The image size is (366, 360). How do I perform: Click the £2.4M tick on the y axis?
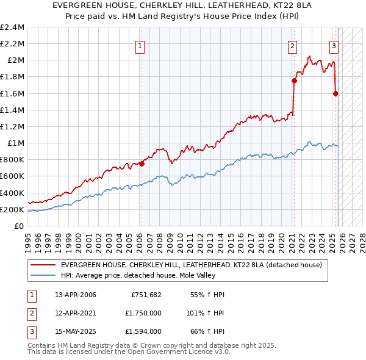[12, 27]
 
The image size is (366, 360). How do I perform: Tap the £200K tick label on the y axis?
[12, 209]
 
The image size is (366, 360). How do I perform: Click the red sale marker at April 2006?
[142, 164]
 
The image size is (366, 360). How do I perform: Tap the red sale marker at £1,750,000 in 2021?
[293, 80]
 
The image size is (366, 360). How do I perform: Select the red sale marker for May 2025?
[335, 93]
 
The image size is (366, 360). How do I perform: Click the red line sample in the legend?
[43, 265]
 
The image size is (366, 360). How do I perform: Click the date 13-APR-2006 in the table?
[76, 295]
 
